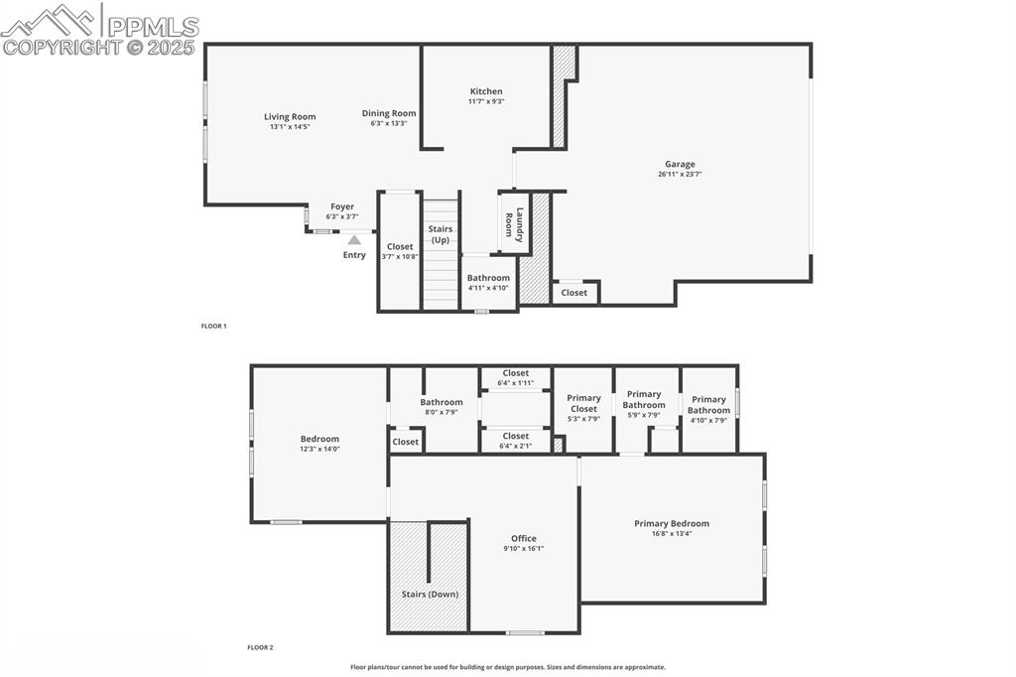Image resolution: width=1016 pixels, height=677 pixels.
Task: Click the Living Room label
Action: pos(290,117)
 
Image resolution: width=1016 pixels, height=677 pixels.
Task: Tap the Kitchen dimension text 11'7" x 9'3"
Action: pos(486,101)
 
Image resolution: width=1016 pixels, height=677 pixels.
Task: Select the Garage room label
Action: pos(680,165)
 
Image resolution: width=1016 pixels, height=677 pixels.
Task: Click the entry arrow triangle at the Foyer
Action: pos(354,239)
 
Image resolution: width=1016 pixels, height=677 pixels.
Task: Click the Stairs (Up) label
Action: pos(441,234)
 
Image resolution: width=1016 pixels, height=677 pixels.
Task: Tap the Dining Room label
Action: pos(389,113)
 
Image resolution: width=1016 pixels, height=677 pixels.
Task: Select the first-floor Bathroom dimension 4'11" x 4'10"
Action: pos(488,288)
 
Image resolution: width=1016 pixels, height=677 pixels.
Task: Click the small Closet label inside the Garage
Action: pos(574,293)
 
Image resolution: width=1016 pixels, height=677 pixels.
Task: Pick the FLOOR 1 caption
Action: pos(213,326)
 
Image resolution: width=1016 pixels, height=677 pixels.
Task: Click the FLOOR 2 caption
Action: pos(260,647)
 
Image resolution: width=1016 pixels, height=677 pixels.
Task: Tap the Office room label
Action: pos(524,539)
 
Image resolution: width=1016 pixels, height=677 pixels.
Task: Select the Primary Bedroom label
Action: pos(672,524)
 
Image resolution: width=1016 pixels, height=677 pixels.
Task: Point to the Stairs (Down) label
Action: pos(430,595)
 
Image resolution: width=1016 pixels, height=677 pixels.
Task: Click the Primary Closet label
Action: pos(583,403)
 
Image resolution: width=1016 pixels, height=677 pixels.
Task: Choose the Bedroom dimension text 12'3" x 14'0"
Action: pos(319,449)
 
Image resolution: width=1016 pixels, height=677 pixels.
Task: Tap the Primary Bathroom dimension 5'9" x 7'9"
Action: pos(644,415)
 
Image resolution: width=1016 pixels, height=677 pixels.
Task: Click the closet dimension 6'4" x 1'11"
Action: pos(516,383)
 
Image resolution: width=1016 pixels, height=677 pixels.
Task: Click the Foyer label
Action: pos(342,207)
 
